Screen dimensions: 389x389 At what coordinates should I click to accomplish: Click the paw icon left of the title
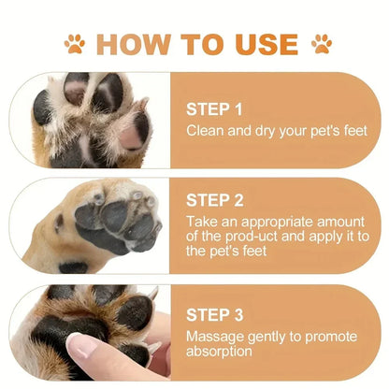[x=74, y=42]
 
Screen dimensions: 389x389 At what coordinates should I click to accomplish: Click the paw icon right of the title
[x=321, y=42]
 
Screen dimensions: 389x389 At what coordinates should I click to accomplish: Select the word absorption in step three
[x=220, y=353]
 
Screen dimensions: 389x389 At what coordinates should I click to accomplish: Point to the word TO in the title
[x=198, y=43]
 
